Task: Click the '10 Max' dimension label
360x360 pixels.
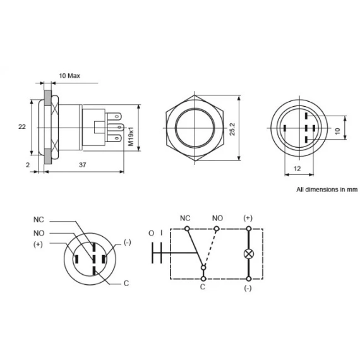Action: [69, 76]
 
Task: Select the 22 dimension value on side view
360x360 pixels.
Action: [22, 127]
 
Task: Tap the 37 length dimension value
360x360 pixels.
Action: [83, 165]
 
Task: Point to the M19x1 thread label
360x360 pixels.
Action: [131, 137]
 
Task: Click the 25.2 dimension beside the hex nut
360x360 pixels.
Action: [232, 129]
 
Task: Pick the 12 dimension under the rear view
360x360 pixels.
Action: [297, 169]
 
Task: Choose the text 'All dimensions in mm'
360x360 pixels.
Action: [327, 189]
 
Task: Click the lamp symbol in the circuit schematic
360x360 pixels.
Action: [249, 254]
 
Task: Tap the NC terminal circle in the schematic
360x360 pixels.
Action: [187, 229]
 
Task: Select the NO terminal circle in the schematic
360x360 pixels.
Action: [217, 229]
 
